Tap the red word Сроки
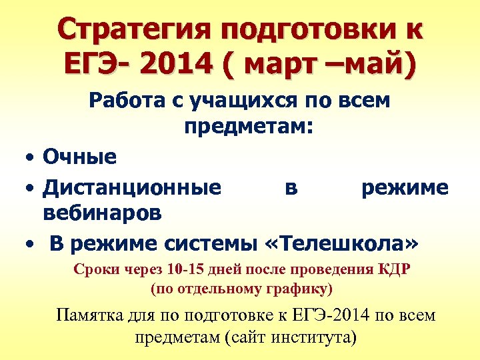93,271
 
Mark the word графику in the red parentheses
294,289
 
